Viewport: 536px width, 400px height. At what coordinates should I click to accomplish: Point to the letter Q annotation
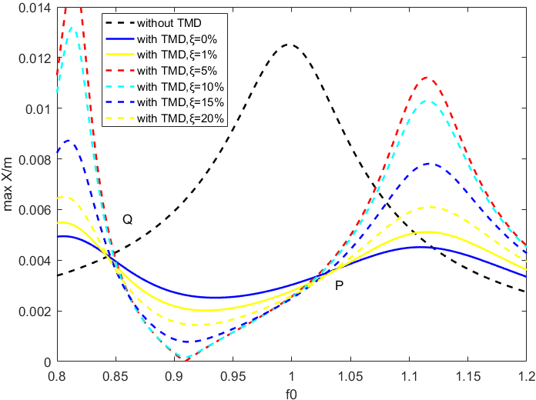(128, 220)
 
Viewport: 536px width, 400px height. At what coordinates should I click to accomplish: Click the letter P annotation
(339, 285)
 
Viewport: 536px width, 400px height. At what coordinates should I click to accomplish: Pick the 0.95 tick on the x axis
(233, 375)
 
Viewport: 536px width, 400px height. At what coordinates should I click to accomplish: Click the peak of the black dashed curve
(290, 45)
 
